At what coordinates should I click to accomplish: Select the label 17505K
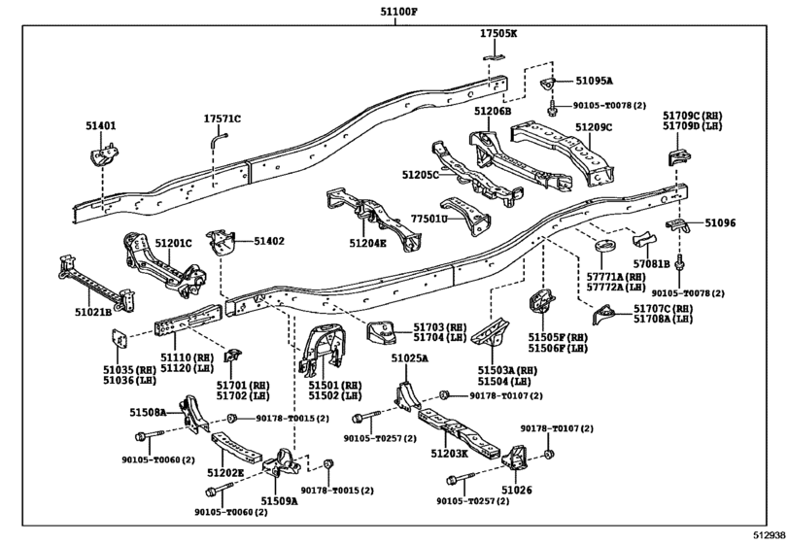point(497,34)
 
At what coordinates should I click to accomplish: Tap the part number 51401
point(99,125)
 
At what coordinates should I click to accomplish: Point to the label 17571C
point(222,119)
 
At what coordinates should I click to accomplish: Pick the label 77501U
point(428,220)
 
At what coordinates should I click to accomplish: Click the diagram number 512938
point(768,534)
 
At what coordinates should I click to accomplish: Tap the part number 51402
point(268,240)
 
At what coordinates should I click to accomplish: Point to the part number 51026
point(518,491)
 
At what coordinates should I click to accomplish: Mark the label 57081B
point(651,262)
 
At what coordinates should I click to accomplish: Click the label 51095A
point(594,82)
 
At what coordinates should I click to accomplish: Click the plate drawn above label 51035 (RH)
point(119,339)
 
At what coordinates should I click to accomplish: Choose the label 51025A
point(410,358)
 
